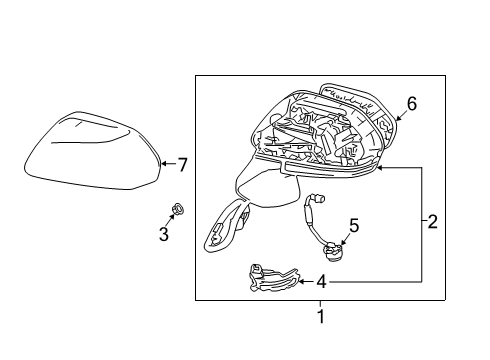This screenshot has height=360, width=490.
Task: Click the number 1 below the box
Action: point(321,318)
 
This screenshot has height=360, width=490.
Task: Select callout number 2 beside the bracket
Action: point(433,222)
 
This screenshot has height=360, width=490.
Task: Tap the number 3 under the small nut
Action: point(164,234)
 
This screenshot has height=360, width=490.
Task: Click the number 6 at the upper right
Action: point(410,103)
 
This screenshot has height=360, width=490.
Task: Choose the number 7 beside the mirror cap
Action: point(182,163)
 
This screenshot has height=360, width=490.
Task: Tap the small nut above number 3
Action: point(176,209)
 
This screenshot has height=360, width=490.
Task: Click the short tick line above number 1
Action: point(321,305)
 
